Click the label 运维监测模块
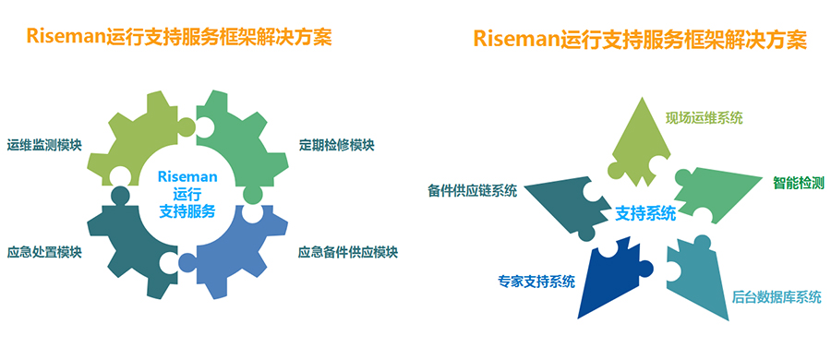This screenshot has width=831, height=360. point(44,145)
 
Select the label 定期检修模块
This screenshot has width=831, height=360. point(336,145)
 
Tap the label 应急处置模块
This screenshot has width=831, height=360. point(44,252)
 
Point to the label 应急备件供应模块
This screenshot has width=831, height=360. point(348,252)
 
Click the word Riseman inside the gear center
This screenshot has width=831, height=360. point(187,175)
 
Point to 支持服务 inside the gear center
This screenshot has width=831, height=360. point(187,211)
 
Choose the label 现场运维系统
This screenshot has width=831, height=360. point(705,118)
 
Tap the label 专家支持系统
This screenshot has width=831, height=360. point(536,282)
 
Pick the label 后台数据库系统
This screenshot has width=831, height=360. point(777,296)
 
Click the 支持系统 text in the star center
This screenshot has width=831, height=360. point(645,215)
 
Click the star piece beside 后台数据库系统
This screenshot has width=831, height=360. point(700,276)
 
